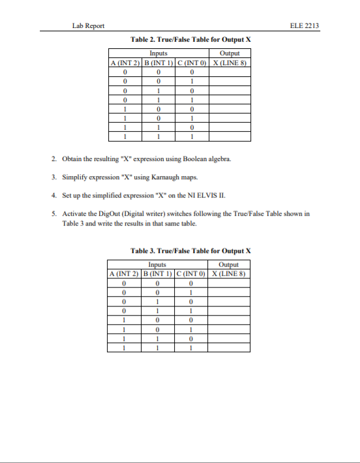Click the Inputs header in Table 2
pyautogui.click(x=157, y=53)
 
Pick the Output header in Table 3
pyautogui.click(x=229, y=265)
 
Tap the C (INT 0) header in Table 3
pyautogui.click(x=190, y=273)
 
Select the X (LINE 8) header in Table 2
pyautogui.click(x=229, y=62)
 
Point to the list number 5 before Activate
pyautogui.click(x=53, y=213)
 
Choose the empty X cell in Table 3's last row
pyautogui.click(x=229, y=348)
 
